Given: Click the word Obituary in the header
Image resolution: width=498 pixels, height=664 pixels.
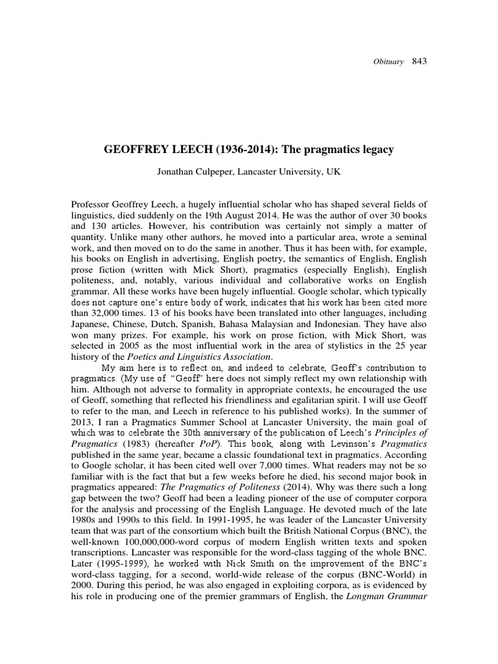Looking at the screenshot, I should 389,62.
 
